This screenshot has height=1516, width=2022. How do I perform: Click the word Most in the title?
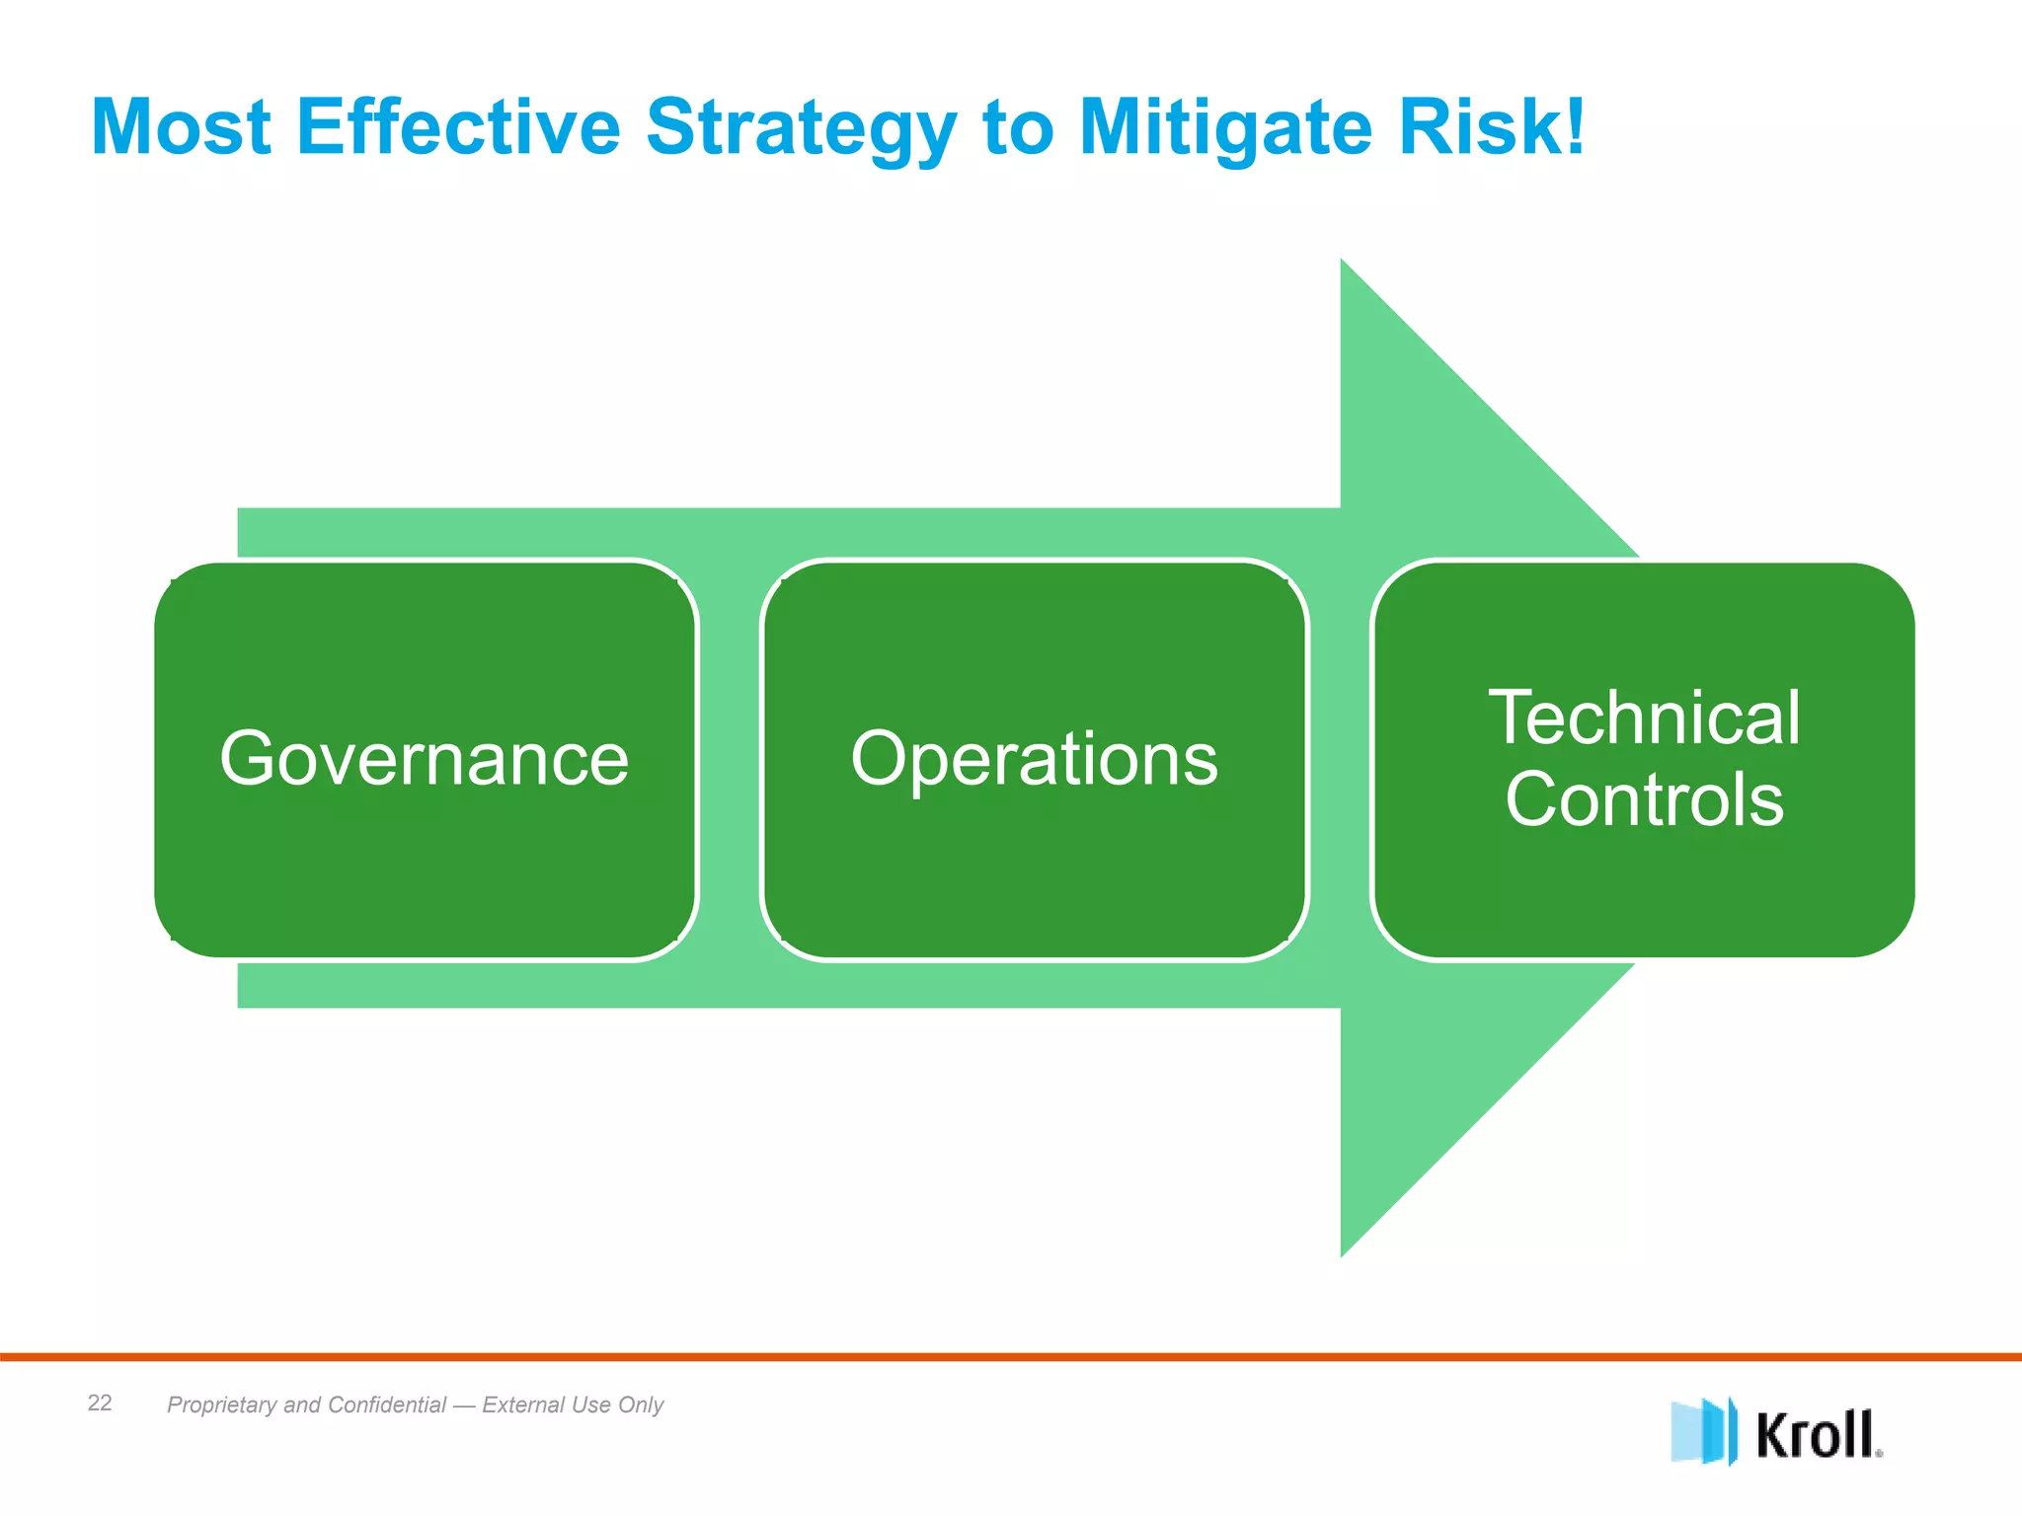pyautogui.click(x=181, y=128)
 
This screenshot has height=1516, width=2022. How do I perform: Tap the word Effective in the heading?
pyautogui.click(x=458, y=128)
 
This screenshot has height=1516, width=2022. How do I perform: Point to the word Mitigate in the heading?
pyautogui.click(x=1225, y=128)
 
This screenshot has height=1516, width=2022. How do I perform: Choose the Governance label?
pyautogui.click(x=425, y=759)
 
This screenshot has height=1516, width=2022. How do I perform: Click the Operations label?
pyautogui.click(x=1034, y=759)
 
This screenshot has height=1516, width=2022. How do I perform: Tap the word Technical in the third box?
pyautogui.click(x=1644, y=718)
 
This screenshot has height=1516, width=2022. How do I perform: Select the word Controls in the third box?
pyautogui.click(x=1644, y=799)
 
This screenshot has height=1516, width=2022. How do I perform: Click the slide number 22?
pyautogui.click(x=100, y=1402)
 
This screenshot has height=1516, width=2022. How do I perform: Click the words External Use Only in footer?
pyautogui.click(x=573, y=1404)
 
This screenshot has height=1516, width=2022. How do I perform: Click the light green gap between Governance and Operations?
pyautogui.click(x=730, y=759)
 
